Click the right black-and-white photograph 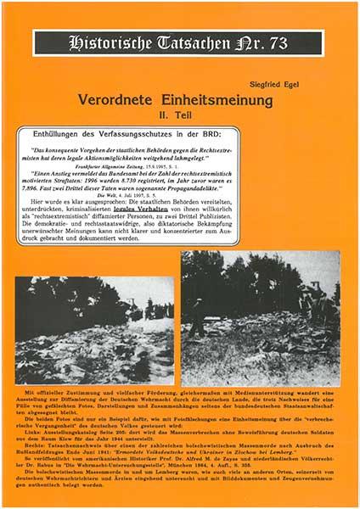point(258,317)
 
